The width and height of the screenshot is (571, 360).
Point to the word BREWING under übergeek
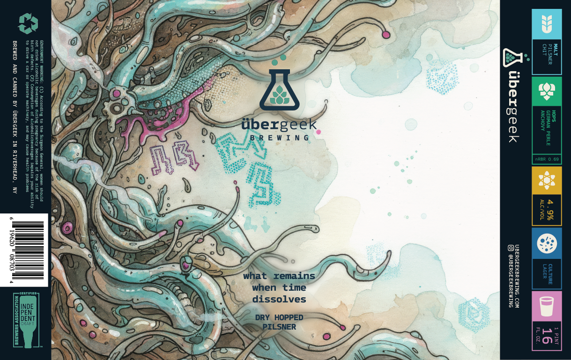[x=279, y=138]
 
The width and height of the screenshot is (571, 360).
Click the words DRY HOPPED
[x=279, y=317]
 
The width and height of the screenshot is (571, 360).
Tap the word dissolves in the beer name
[x=279, y=299]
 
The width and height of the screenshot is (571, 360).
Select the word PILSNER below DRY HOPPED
[x=279, y=327]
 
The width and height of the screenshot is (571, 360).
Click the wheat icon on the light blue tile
[x=547, y=24]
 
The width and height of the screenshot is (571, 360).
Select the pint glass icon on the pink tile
[x=547, y=307]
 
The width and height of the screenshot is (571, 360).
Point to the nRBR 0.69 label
[x=547, y=160]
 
